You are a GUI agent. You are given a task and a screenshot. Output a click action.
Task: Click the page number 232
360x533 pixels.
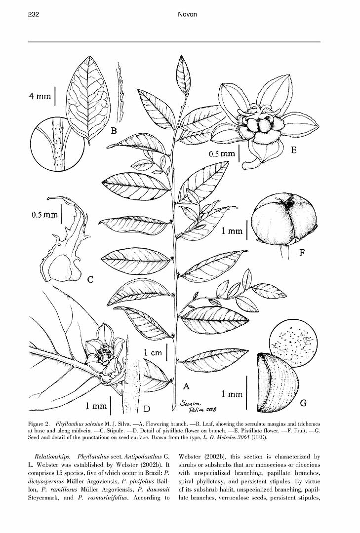coord(34,14)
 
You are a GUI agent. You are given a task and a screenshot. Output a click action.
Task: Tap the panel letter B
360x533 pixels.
coord(114,131)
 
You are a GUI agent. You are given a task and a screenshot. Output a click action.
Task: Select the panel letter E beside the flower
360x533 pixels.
coord(294,150)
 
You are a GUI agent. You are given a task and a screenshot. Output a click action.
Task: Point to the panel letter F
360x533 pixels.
coord(302,252)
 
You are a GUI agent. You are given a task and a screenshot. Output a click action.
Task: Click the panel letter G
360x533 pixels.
coord(303,403)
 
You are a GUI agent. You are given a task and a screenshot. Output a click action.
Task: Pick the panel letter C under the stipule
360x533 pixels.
coord(90,279)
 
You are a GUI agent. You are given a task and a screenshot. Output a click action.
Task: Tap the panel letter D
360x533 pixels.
coord(147,408)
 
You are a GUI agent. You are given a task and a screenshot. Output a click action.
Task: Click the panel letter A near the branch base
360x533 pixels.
coord(186,386)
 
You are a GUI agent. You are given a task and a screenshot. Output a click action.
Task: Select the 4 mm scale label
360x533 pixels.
coord(40,96)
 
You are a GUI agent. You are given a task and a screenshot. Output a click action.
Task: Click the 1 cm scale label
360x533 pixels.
coord(153,353)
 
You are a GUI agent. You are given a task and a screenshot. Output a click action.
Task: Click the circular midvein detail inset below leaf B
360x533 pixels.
coord(57,143)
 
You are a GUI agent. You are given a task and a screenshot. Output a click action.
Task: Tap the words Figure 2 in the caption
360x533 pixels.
coord(39,424)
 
